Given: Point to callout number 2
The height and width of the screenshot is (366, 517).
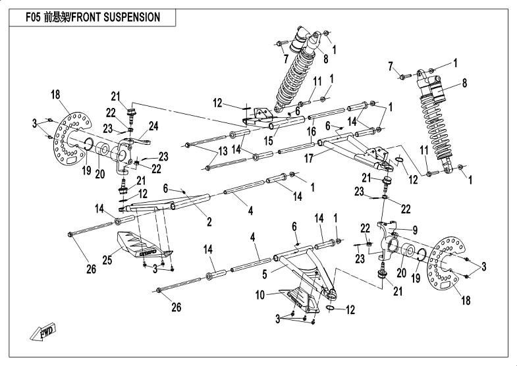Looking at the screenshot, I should tap(209, 222).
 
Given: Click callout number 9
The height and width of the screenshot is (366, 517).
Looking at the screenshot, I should tap(415, 230).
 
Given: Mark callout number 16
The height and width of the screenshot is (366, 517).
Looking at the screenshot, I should tap(311, 132).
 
